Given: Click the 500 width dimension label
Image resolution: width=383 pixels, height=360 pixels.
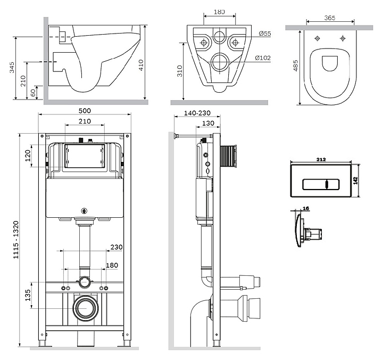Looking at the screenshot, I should (x=85, y=111).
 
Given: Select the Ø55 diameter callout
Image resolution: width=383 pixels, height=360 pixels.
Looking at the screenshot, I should (x=265, y=34).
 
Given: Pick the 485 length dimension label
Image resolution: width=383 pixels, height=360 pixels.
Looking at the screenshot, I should (x=296, y=67).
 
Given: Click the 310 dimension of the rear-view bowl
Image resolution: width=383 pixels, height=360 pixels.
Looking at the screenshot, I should (x=180, y=71).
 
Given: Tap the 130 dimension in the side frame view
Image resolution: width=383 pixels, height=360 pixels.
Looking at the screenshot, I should (x=209, y=124).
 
